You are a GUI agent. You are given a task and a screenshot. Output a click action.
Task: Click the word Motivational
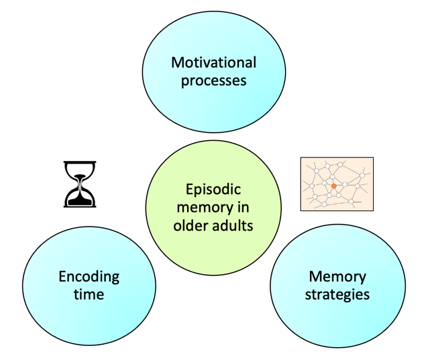coord(213,63)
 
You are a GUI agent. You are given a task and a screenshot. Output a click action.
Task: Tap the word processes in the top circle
coord(213,80)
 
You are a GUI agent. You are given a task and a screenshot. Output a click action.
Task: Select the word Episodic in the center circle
coord(213,190)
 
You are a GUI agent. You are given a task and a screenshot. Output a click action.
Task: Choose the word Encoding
coord(89,276)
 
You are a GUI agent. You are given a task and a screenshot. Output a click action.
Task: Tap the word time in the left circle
coord(89,294)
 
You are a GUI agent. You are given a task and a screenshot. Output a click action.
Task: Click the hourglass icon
coord(80,184)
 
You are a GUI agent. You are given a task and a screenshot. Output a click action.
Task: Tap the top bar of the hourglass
coord(80,163)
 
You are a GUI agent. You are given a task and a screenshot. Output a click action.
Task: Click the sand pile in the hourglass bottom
coord(80,198)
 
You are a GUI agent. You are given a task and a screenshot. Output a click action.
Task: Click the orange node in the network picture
coord(334,186)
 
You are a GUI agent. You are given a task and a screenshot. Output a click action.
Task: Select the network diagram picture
coord(336,184)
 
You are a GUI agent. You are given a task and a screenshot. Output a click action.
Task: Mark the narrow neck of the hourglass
coord(80,183)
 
